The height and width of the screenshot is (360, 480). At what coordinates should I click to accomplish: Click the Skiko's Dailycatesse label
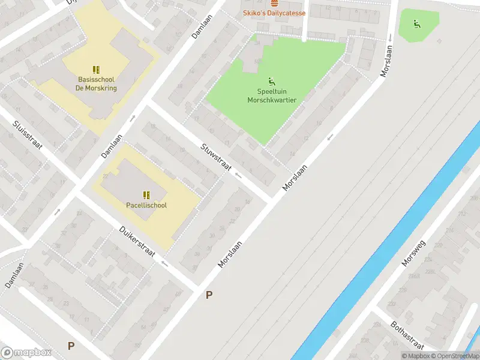click(x=274, y=13)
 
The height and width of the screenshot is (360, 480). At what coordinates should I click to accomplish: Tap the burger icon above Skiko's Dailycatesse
click(x=274, y=3)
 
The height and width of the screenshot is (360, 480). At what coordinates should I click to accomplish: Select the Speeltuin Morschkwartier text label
click(x=272, y=96)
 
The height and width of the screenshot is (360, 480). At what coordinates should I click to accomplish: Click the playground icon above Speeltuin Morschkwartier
click(x=272, y=81)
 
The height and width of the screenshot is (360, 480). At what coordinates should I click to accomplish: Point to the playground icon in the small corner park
click(x=416, y=24)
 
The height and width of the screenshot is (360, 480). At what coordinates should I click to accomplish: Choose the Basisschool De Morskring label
click(x=96, y=83)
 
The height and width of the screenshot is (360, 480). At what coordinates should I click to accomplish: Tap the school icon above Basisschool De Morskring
click(x=96, y=70)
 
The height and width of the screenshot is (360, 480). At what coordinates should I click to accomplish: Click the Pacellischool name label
click(x=146, y=205)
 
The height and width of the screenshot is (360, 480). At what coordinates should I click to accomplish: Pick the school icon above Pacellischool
click(x=146, y=194)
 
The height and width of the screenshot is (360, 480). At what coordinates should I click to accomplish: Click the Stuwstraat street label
click(x=217, y=157)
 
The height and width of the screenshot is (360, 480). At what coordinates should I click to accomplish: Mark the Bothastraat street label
click(x=407, y=334)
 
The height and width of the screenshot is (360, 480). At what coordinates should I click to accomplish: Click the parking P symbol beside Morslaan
click(x=209, y=295)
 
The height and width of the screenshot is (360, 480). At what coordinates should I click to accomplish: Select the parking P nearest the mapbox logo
click(x=71, y=346)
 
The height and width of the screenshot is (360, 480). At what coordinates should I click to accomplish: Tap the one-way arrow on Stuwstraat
click(x=238, y=176)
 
